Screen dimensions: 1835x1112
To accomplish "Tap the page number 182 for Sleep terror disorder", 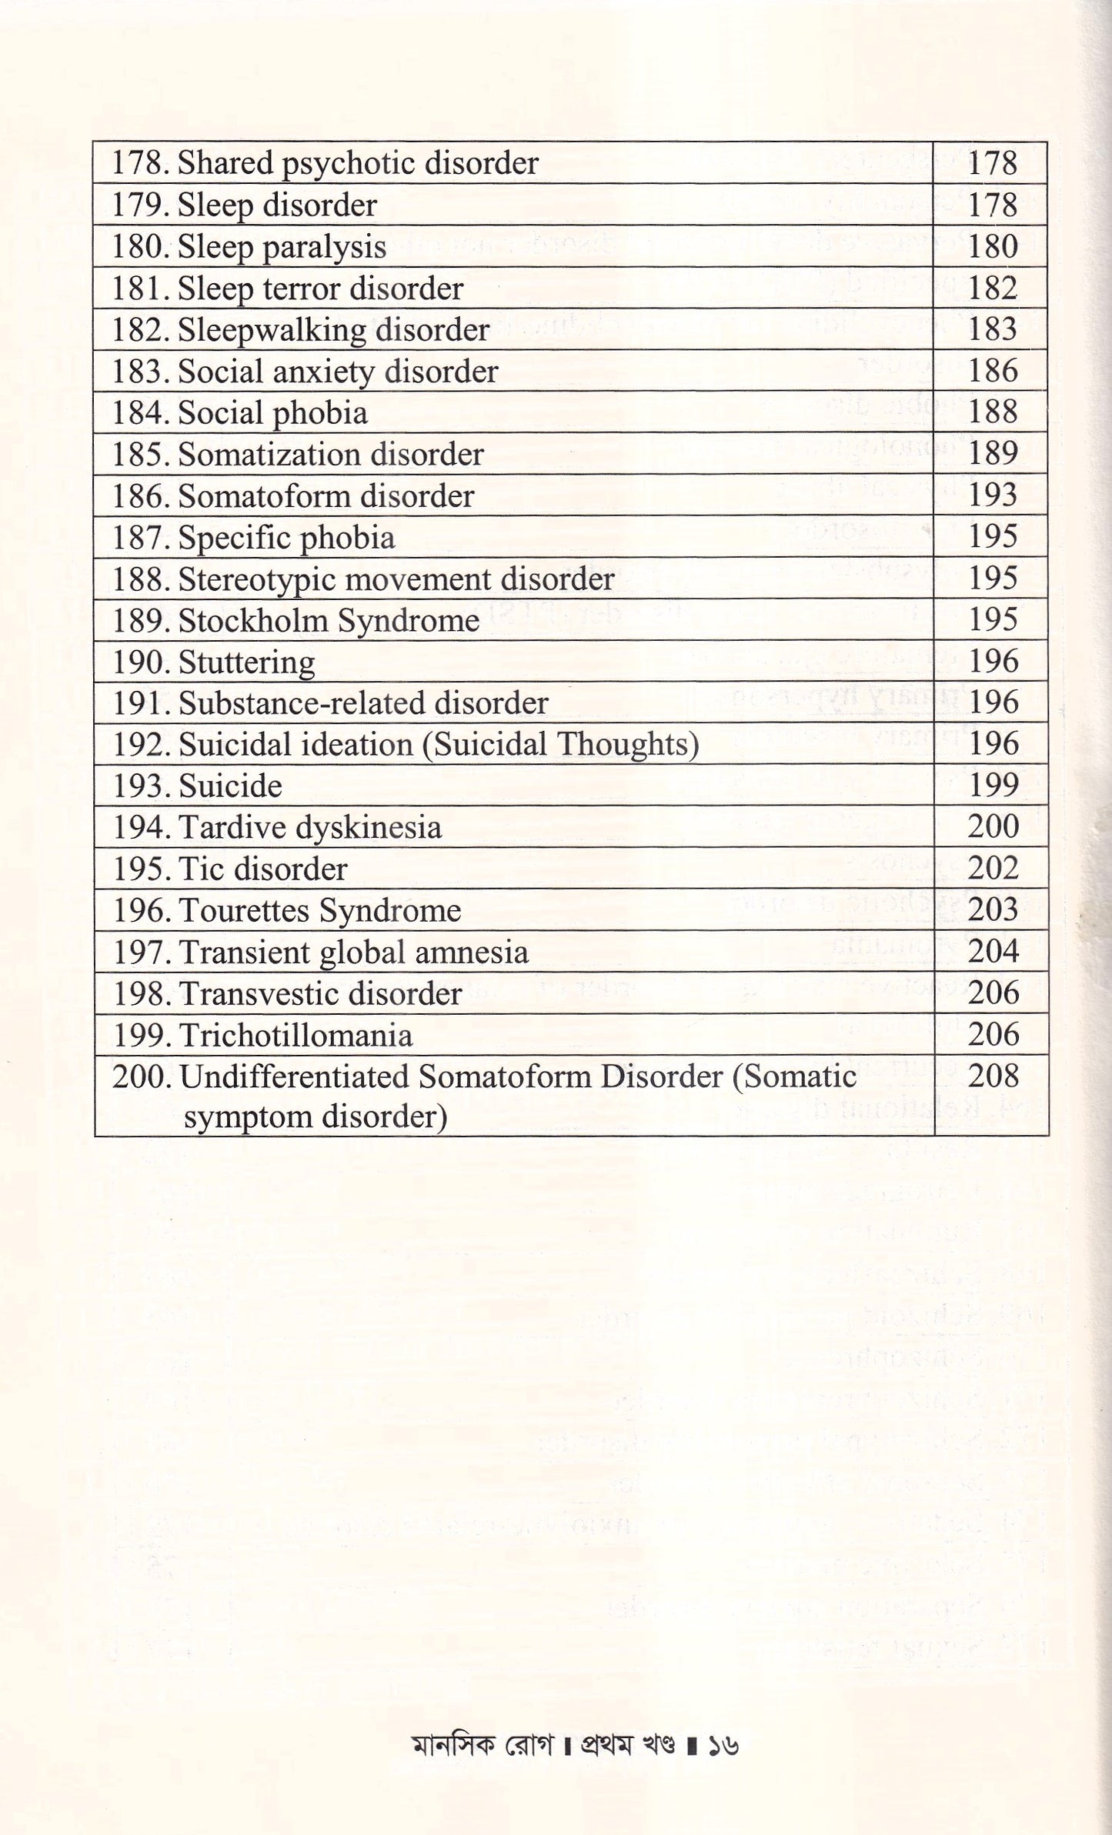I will tap(992, 289).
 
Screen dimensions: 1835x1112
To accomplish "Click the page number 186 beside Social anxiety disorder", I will tap(992, 372).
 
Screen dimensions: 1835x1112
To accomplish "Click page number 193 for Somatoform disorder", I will tap(992, 495).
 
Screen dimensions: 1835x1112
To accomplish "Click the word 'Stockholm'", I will tap(243, 621).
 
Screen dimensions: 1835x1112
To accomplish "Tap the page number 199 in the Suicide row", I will tap(992, 786).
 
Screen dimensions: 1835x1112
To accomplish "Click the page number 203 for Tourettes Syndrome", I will tap(992, 910).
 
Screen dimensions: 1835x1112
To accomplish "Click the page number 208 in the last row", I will tap(992, 1076).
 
